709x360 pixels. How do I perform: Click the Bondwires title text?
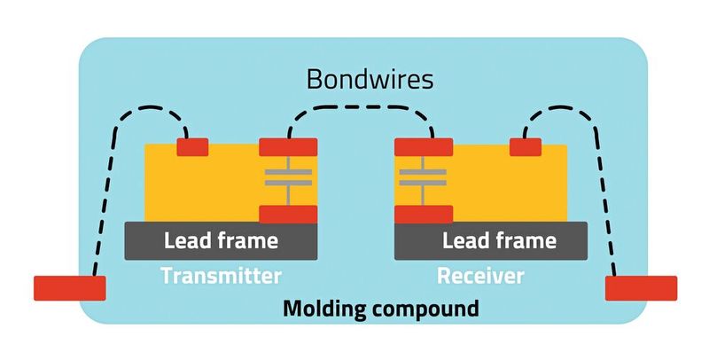point(370,79)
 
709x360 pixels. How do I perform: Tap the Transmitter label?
point(221,276)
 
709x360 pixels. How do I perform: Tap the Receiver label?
point(480,276)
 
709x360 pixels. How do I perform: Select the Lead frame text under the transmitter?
point(221,240)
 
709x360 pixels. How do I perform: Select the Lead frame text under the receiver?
point(499,240)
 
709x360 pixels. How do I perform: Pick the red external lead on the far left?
point(69,287)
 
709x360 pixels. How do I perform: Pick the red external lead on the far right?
point(641,287)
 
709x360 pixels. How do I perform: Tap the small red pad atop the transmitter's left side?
point(192,147)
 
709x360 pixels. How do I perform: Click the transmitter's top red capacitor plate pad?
point(288,147)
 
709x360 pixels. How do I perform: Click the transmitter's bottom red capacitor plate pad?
point(288,213)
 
